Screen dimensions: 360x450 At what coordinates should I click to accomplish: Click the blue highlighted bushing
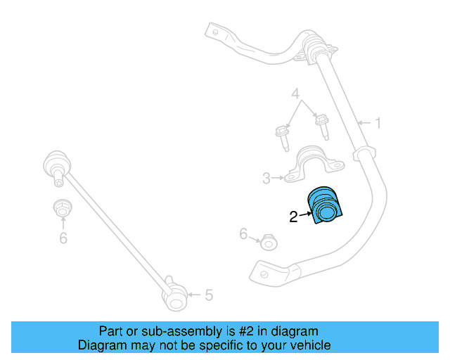point(324,207)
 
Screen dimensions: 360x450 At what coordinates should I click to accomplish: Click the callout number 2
point(294,218)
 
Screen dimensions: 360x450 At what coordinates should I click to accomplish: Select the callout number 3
point(266,179)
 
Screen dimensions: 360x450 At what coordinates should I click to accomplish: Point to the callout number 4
point(296,93)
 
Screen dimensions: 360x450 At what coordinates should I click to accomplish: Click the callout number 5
point(209,295)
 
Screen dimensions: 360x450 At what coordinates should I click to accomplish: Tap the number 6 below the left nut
point(63,239)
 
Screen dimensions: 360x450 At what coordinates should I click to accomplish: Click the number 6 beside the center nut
point(243,234)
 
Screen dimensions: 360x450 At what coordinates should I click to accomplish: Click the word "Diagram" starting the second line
point(99,345)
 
